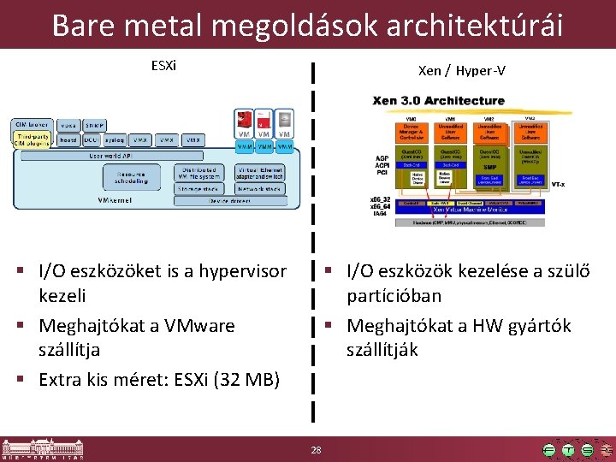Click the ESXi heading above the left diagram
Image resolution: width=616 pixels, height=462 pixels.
pyautogui.click(x=163, y=65)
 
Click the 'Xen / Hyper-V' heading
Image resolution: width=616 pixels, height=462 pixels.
pyautogui.click(x=461, y=70)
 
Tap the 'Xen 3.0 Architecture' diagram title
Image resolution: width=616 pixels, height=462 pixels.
pyautogui.click(x=438, y=101)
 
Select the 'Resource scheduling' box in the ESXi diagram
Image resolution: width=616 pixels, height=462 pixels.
pyautogui.click(x=131, y=177)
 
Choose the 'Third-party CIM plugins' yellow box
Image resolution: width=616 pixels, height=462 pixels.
pyautogui.click(x=33, y=139)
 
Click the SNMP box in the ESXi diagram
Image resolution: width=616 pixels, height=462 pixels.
pyautogui.click(x=95, y=125)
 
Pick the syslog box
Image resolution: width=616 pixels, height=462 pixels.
pyautogui.click(x=115, y=139)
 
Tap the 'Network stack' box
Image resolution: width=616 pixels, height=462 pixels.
pyautogui.click(x=260, y=187)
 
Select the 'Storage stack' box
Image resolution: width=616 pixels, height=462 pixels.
pyautogui.click(x=198, y=187)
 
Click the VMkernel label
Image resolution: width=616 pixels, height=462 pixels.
pyautogui.click(x=113, y=200)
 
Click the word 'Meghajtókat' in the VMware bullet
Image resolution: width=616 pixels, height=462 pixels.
pyautogui.click(x=93, y=326)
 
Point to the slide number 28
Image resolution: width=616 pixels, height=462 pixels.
pyautogui.click(x=316, y=450)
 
